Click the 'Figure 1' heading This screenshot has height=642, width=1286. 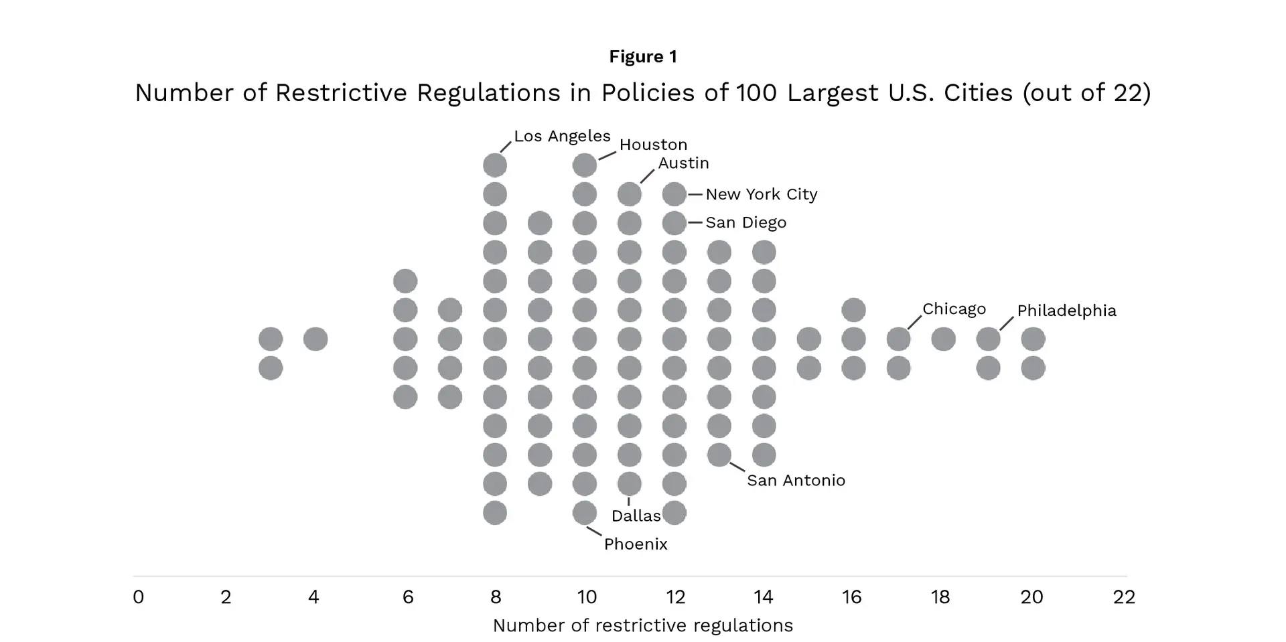click(643, 57)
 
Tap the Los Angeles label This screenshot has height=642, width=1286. click(562, 137)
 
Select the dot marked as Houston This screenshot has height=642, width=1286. click(585, 165)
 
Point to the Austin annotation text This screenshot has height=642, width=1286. click(683, 163)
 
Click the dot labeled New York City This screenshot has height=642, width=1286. click(674, 194)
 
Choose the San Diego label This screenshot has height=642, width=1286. click(745, 223)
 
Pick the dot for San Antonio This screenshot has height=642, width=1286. click(719, 455)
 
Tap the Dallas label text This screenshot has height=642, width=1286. click(636, 516)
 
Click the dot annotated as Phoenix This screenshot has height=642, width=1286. click(585, 513)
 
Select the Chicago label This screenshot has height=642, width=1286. click(954, 309)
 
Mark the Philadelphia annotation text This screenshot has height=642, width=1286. click(1066, 311)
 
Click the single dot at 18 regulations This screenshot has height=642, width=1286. click(943, 339)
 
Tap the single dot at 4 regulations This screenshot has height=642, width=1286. click(315, 339)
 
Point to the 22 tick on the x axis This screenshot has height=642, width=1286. click(1124, 597)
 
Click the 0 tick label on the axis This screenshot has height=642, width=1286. click(139, 597)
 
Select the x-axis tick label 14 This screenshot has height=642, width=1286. click(764, 597)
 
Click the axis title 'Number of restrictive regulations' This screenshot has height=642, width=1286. click(642, 626)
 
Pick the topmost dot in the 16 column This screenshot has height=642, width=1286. click(853, 311)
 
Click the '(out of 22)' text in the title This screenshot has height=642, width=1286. click(1086, 93)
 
